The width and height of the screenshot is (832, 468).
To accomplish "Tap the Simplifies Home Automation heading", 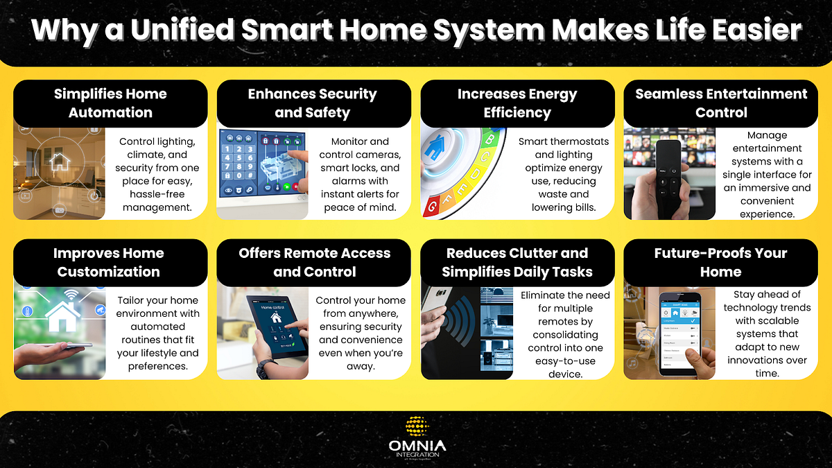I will coord(110,103).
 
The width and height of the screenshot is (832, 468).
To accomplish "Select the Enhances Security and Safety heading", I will coord(313,103).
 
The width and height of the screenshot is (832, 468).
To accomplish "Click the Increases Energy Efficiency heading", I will coord(517,103).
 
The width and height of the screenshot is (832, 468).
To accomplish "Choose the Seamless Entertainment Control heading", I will coord(721,103).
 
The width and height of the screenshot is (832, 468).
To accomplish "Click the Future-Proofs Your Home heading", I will coord(720,262).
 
